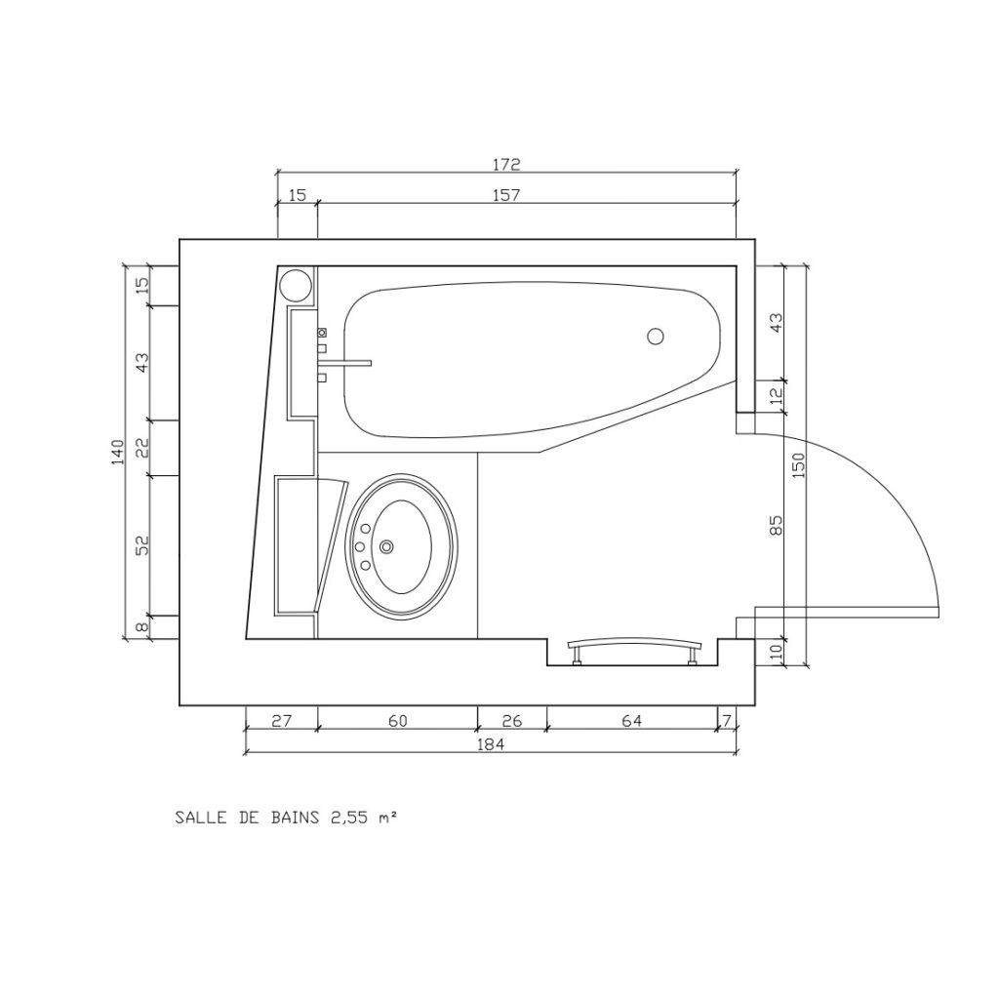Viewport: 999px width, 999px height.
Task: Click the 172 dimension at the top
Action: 506,164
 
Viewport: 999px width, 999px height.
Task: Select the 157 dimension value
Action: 506,194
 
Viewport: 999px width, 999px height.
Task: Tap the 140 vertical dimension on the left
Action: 118,452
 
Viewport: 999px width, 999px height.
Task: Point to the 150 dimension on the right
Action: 800,465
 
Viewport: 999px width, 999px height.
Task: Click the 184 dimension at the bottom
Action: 490,743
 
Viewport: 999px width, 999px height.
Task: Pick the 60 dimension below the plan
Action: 398,721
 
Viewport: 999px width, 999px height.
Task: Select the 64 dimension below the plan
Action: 631,721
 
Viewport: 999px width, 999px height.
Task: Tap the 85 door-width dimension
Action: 777,525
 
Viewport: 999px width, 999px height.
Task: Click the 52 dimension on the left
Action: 143,544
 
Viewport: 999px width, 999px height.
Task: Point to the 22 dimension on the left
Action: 143,448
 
